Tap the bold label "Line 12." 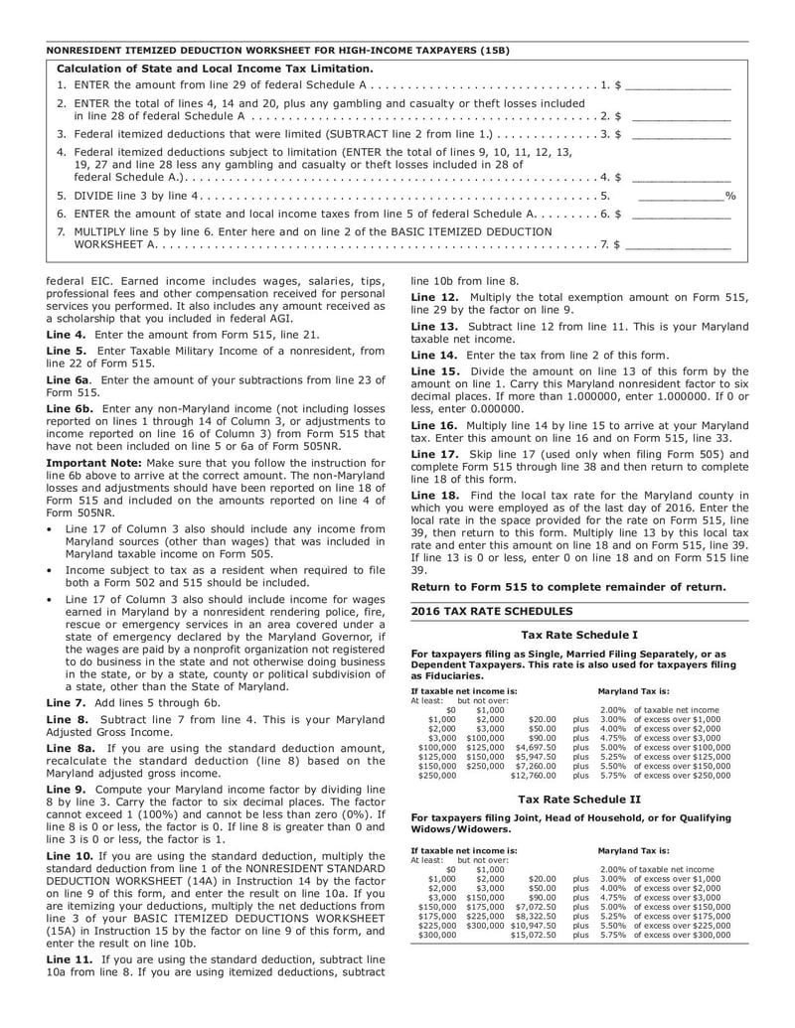point(434,297)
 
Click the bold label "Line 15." point(434,369)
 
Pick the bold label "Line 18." point(434,494)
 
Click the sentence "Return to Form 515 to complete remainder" point(568,587)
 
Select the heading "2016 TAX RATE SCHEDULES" point(492,611)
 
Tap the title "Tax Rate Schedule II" point(579,798)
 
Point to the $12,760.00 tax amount point(533,775)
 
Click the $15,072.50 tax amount point(533,935)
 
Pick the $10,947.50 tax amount point(533,924)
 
